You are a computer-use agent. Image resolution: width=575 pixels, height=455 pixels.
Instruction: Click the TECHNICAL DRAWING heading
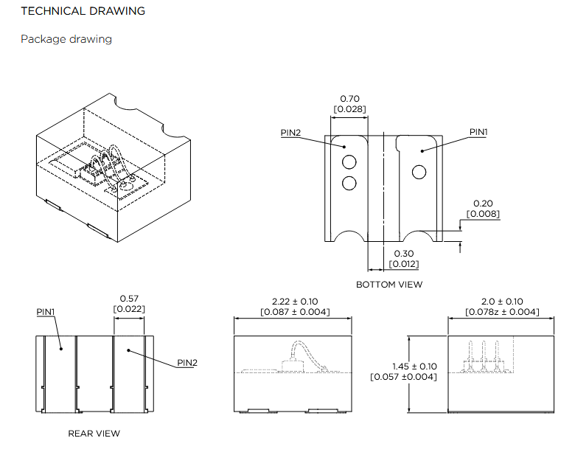83,11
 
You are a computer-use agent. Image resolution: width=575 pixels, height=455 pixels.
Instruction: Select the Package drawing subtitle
66,38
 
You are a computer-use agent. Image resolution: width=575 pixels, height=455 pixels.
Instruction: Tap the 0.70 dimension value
349,99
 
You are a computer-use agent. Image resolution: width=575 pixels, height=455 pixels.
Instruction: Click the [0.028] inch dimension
349,109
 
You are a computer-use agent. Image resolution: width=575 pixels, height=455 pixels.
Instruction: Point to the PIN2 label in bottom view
290,133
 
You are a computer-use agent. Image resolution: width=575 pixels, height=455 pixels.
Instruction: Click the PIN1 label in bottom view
479,132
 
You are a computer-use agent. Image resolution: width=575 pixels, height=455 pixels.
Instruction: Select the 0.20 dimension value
483,204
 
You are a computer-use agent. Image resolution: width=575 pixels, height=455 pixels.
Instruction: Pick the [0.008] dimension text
483,214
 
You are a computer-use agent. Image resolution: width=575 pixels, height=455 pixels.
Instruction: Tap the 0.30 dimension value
404,254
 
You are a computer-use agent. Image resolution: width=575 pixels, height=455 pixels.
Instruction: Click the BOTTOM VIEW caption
389,285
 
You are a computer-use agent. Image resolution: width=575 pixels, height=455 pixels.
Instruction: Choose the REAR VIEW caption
94,434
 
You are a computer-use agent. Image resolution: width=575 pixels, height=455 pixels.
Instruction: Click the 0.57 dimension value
129,299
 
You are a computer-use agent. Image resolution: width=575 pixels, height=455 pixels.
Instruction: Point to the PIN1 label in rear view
46,312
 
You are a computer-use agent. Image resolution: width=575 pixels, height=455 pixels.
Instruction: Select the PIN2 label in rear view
187,363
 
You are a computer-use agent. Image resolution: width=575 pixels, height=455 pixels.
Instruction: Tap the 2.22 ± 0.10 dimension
295,301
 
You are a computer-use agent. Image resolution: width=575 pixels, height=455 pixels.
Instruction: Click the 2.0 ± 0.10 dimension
502,301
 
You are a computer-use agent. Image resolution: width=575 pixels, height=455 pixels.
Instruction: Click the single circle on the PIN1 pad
419,173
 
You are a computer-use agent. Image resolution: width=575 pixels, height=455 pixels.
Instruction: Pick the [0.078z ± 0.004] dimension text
502,312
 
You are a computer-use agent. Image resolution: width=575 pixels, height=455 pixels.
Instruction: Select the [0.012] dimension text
404,264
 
